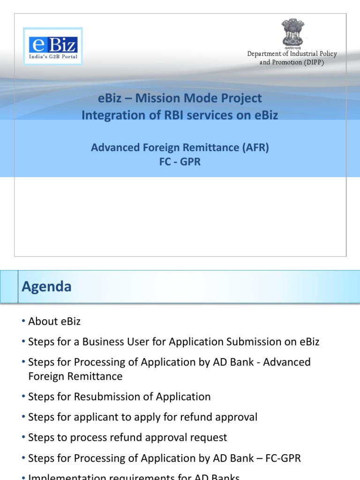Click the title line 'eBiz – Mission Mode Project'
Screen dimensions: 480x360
(x=180, y=98)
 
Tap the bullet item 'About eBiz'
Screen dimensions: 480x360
(x=54, y=321)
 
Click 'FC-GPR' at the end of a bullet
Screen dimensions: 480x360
(x=283, y=458)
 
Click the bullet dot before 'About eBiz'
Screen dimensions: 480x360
(x=23, y=322)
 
